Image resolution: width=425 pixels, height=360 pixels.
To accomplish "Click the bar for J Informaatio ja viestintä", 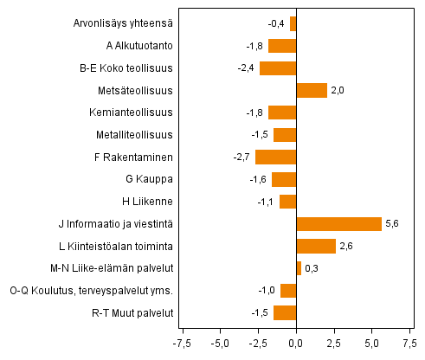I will (338, 224).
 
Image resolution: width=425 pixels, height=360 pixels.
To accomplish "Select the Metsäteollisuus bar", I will (312, 90).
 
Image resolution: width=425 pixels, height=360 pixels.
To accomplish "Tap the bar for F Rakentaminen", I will (275, 157).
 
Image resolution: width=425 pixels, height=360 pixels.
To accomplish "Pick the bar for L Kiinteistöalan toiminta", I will (316, 246).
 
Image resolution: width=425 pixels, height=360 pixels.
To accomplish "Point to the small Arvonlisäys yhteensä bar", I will (293, 23).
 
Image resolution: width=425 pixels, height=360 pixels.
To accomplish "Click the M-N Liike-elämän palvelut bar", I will (299, 268).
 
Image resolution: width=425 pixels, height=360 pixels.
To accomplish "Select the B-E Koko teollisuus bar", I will (278, 67).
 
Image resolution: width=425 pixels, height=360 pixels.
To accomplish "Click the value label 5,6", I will (392, 224).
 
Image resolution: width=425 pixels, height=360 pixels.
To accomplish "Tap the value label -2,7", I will (242, 157).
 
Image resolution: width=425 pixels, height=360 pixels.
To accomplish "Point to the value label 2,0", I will (338, 90).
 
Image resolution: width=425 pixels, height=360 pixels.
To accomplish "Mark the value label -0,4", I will (277, 23).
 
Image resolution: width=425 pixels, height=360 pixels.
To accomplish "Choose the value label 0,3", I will (312, 268).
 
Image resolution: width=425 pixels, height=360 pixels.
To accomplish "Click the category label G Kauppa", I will (150, 179).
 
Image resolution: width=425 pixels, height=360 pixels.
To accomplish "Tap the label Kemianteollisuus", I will (131, 112).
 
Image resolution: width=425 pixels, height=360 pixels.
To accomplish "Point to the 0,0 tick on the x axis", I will (296, 343).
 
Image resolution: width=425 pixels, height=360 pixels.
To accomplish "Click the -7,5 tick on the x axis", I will (183, 343).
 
